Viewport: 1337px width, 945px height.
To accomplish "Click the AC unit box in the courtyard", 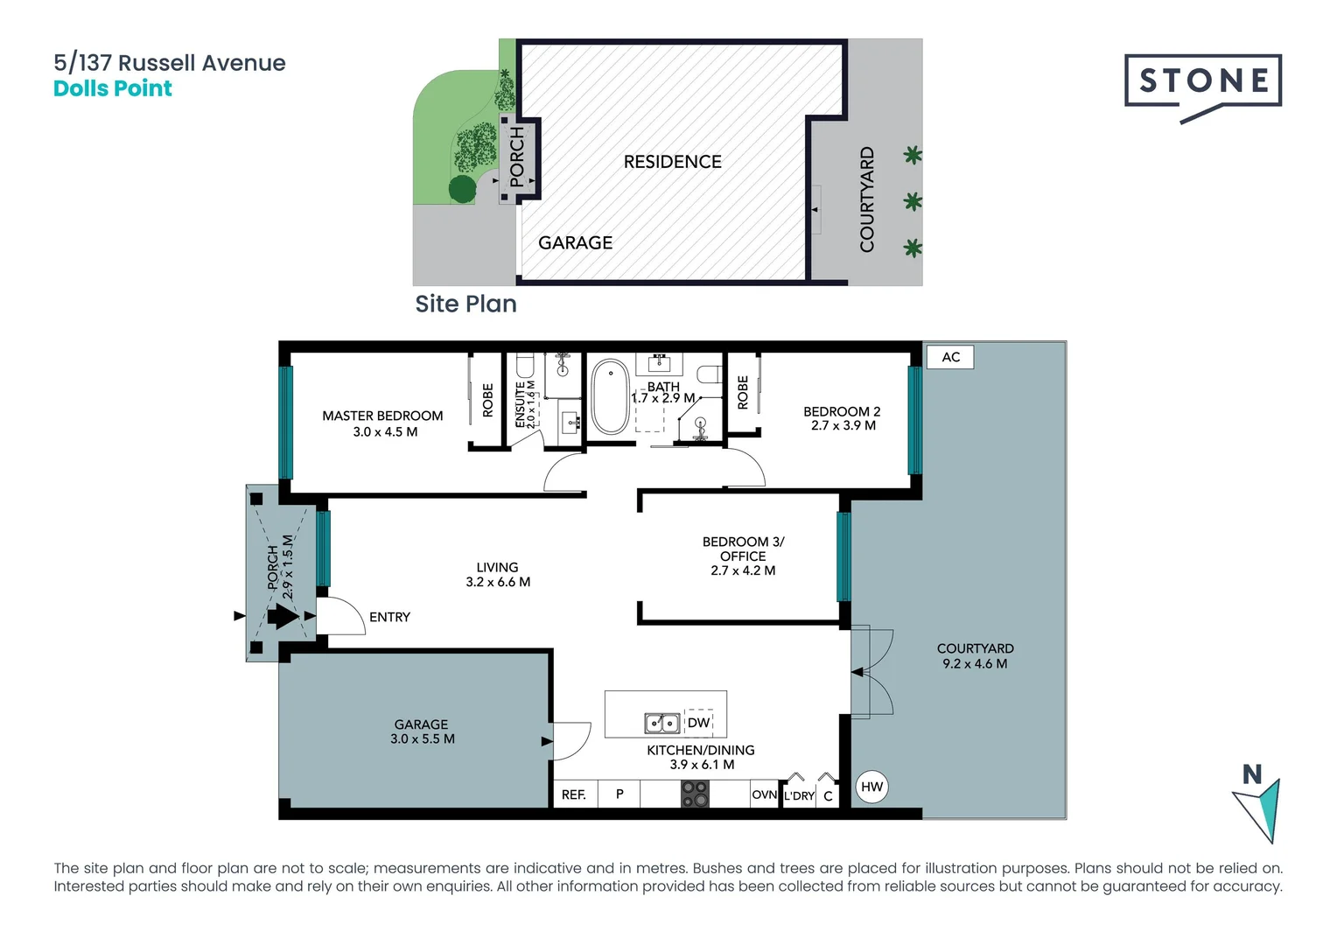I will point(950,357).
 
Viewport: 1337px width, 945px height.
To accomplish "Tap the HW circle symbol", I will point(871,787).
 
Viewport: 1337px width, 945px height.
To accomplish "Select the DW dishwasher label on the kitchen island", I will point(698,723).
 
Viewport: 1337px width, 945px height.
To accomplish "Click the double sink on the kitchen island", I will point(662,724).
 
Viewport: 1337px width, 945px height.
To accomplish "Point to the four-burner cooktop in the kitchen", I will point(695,794).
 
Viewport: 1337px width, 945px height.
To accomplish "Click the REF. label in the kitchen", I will point(574,794).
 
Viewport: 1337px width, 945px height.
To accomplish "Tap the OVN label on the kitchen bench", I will point(764,794).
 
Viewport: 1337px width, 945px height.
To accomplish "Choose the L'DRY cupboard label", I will point(798,796).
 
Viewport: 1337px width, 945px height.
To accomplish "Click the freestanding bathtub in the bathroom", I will point(610,398).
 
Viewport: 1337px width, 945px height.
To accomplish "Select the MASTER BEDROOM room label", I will point(382,416).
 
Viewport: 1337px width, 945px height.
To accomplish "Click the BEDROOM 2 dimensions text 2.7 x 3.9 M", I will point(843,426).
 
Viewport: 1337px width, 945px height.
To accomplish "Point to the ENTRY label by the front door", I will point(389,618).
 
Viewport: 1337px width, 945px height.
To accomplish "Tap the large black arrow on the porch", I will point(282,616).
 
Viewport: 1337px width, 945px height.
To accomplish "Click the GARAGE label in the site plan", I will point(575,243).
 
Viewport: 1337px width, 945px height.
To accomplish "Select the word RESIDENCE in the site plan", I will point(672,162).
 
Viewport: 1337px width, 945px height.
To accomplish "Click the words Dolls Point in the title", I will point(113,88).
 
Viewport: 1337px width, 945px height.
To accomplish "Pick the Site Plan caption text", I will point(465,304).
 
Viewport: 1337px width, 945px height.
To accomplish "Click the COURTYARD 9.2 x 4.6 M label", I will point(975,656).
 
